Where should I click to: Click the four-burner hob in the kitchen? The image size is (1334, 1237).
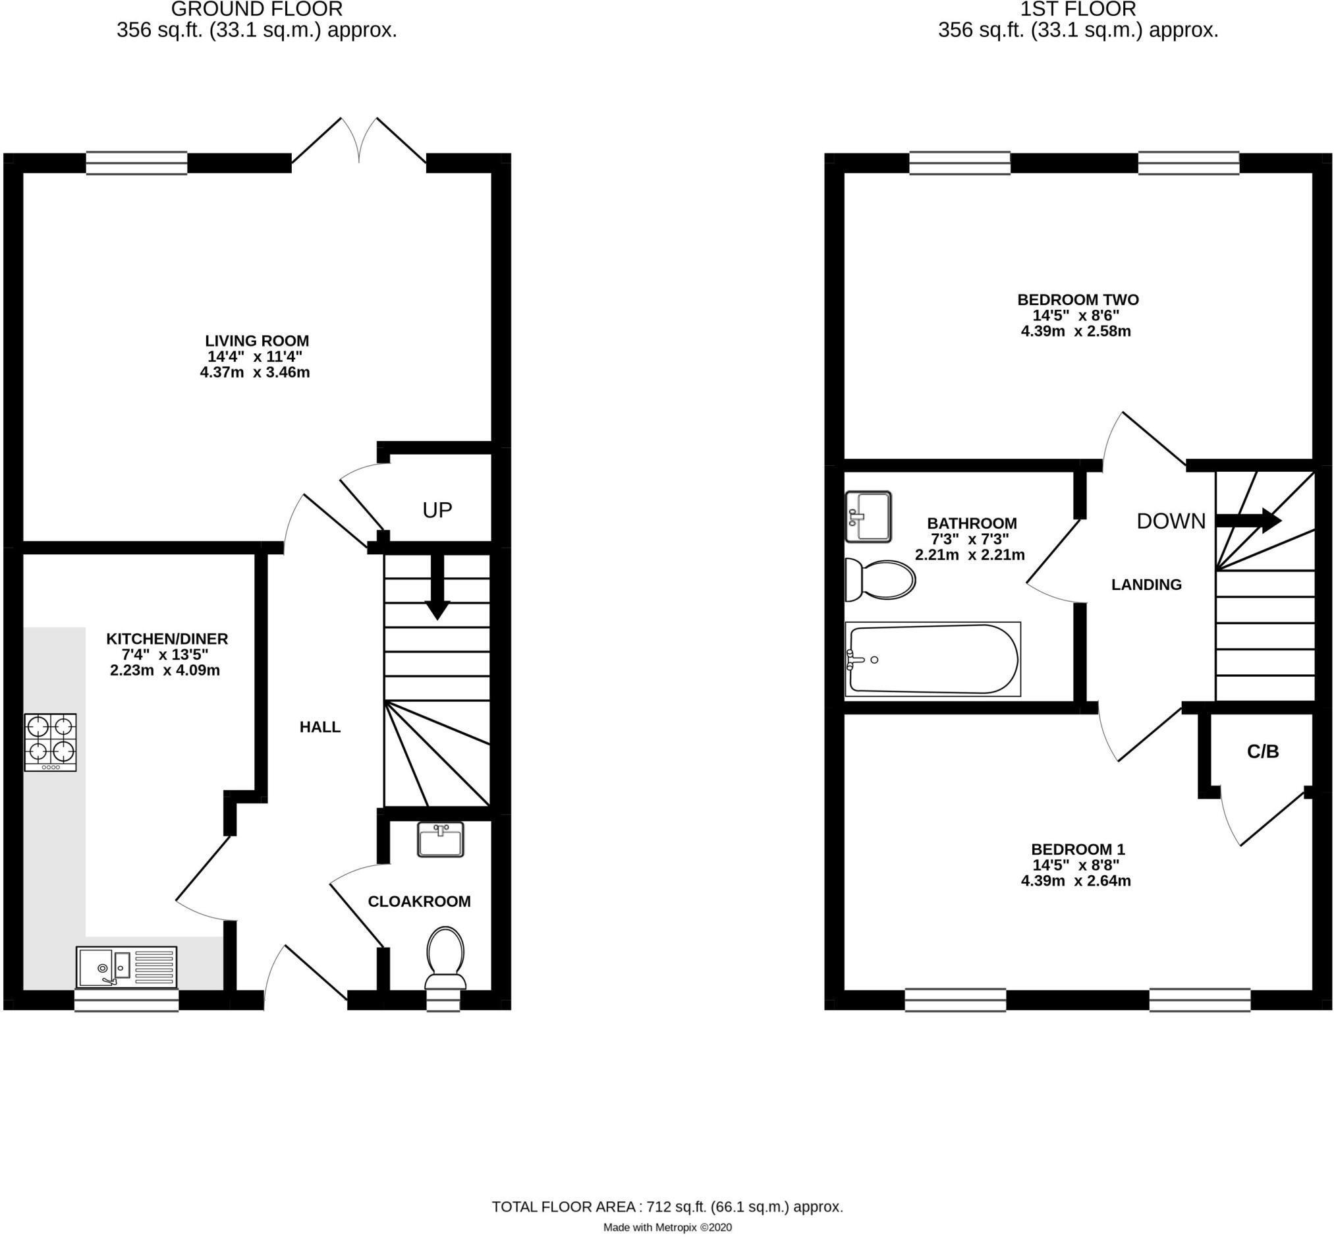50,741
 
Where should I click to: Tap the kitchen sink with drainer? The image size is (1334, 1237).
126,967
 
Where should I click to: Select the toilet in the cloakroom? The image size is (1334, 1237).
445,958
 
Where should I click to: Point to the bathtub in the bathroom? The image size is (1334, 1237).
933,659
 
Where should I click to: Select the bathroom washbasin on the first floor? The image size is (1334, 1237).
868,517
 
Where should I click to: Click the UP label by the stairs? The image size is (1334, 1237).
437,511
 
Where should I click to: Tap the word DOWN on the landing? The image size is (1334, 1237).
1171,521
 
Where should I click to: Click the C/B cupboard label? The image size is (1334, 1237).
1262,752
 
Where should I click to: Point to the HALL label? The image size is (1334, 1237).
320,727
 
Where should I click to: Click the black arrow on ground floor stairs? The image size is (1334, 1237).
437,587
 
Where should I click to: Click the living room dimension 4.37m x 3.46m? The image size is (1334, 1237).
255,373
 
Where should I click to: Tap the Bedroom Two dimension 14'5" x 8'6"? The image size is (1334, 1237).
1076,315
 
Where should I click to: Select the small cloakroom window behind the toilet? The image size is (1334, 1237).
443,1000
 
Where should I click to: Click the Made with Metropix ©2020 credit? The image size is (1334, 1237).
667,1227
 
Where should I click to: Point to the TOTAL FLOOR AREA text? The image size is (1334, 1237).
667,1207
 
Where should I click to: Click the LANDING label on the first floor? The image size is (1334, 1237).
1146,585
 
